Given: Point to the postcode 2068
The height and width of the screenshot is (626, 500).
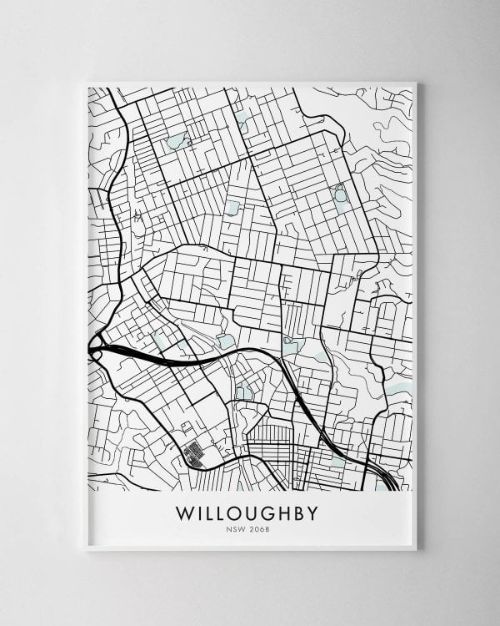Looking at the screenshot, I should point(262,528).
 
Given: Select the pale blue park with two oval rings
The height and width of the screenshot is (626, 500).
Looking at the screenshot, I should point(340,194).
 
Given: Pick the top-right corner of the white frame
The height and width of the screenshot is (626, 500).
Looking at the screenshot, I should point(417,81).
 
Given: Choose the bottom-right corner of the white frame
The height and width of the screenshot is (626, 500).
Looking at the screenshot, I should point(417,551).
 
